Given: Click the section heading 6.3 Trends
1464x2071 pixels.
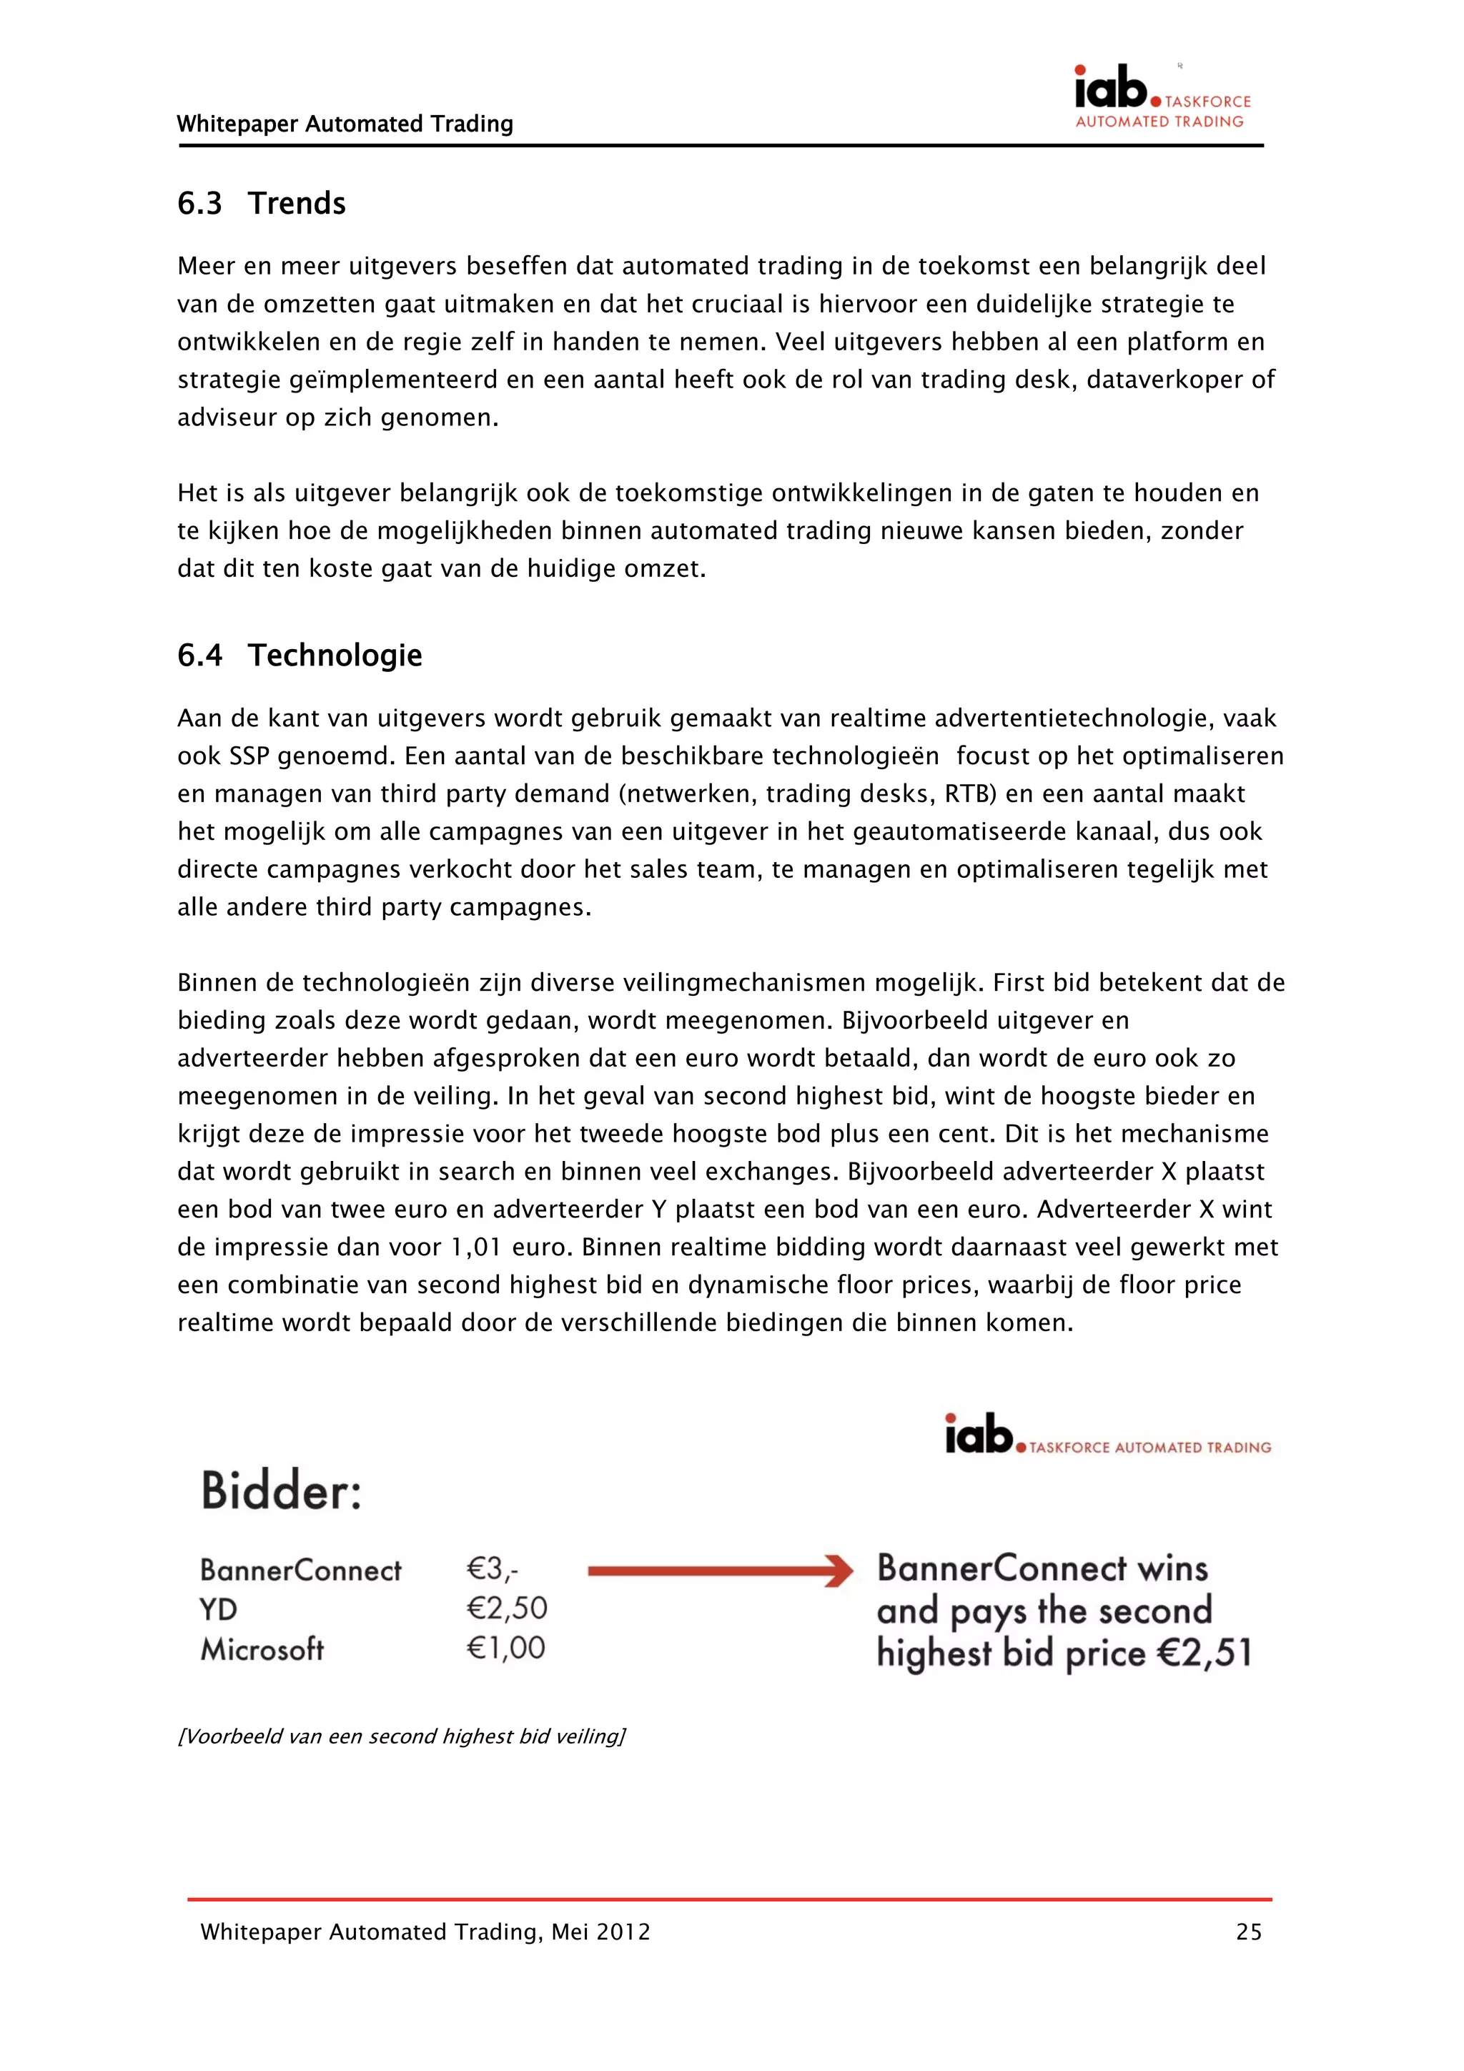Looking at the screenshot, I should [x=262, y=204].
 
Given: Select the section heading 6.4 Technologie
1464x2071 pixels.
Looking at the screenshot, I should [x=300, y=655].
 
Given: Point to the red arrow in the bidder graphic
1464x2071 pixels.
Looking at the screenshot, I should [x=720, y=1571].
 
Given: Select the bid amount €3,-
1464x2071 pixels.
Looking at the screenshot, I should [x=493, y=1569].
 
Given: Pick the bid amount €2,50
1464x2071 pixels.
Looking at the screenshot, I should [x=507, y=1608].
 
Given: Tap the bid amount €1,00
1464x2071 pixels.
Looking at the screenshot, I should [x=506, y=1648].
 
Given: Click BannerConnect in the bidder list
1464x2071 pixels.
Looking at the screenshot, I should [x=300, y=1571].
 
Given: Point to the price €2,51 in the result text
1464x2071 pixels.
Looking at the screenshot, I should [x=1205, y=1653].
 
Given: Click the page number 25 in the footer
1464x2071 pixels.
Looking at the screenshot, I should [x=1248, y=1931].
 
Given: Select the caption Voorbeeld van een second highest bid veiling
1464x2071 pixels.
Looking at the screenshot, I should [x=402, y=1736].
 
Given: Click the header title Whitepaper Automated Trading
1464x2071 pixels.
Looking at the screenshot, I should [x=345, y=124].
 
